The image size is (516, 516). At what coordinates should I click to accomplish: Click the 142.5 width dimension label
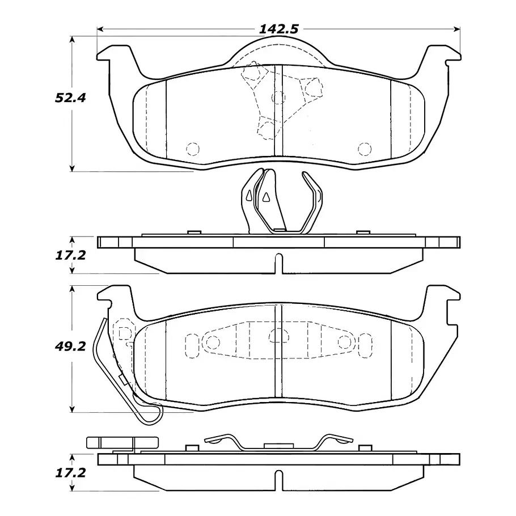click(279, 29)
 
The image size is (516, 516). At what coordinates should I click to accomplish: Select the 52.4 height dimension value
click(70, 98)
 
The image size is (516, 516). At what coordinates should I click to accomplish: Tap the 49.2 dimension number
click(70, 346)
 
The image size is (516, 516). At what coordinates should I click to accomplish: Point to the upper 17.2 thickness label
click(70, 255)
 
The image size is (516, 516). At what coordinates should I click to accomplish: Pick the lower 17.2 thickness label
click(70, 473)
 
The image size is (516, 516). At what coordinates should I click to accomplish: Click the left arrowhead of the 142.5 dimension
click(100, 29)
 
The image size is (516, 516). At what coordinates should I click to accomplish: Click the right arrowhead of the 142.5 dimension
click(457, 29)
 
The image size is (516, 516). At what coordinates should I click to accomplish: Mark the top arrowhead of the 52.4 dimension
click(72, 39)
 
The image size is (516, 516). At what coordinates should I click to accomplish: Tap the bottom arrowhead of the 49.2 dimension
click(72, 409)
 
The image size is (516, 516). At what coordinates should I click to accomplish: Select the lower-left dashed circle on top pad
click(193, 149)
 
